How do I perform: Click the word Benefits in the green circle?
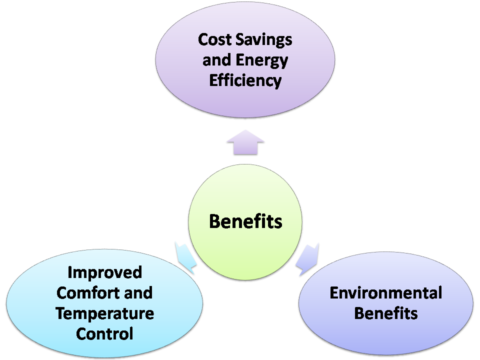click(245, 221)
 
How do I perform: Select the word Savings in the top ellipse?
click(264, 39)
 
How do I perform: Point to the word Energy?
click(262, 60)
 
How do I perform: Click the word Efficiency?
click(245, 80)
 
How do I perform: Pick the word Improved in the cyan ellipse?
click(104, 272)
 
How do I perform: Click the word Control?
click(104, 333)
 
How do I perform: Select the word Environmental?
click(385, 292)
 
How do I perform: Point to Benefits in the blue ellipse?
click(385, 313)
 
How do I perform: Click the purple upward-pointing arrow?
click(245, 142)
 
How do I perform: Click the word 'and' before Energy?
click(217, 60)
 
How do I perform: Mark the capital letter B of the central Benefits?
click(215, 221)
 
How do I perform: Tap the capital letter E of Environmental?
click(334, 292)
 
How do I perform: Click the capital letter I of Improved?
click(70, 272)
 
